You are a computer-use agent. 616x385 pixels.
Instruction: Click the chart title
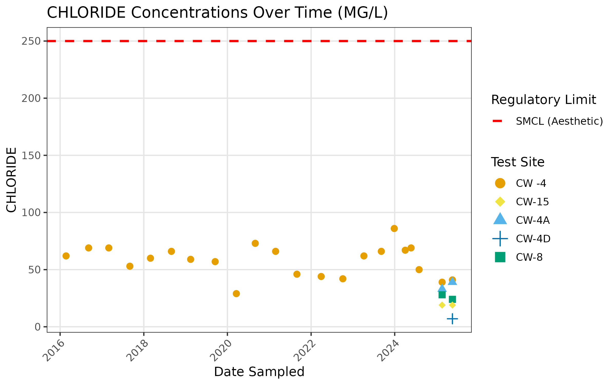coord(217,13)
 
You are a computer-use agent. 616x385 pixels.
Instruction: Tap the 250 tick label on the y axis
coord(31,41)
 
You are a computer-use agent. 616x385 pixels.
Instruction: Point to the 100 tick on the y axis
coord(31,213)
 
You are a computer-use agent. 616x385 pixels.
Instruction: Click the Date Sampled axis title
coord(259,372)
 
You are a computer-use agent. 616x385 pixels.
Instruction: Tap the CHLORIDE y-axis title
coord(11,180)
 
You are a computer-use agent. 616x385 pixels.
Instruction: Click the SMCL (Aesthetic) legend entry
coord(559,121)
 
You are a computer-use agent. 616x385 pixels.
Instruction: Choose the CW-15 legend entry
coord(532,202)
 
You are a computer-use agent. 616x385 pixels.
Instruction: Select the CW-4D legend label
coord(533,239)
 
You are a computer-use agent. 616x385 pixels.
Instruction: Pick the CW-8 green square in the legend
coord(500,257)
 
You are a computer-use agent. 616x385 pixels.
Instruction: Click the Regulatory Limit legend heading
coord(543,100)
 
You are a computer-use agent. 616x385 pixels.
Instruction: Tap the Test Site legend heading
coord(517,162)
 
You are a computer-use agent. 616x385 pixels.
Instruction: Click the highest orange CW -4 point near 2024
coord(394,228)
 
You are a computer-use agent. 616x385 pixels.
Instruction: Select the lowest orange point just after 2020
coord(236,294)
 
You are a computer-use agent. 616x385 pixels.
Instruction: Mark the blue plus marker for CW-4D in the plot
coord(452,319)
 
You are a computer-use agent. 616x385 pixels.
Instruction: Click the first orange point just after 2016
coord(66,256)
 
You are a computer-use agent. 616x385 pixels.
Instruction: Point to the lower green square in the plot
coord(452,299)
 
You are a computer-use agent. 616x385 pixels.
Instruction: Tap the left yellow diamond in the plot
coord(442,305)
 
